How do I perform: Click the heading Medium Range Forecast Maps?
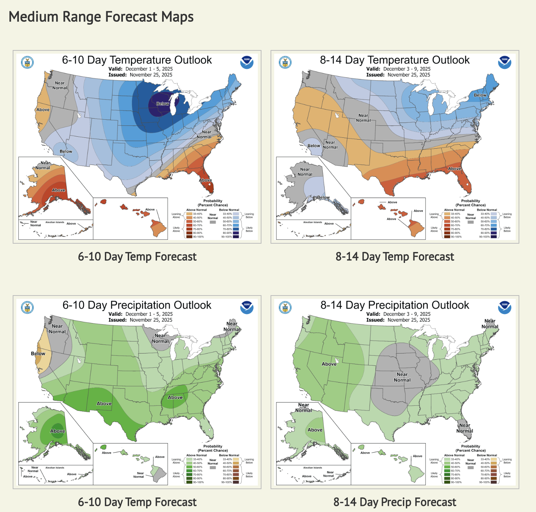[101, 17]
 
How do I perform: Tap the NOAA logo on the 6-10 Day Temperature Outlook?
[247, 62]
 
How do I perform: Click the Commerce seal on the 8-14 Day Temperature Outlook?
[285, 62]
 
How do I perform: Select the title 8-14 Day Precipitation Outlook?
[395, 305]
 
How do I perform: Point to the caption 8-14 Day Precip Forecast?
[395, 502]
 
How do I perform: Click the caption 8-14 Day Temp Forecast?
[395, 257]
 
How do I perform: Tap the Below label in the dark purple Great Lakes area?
[162, 104]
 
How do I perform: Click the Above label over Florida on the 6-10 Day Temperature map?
[205, 180]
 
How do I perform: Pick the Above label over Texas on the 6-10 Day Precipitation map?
[104, 404]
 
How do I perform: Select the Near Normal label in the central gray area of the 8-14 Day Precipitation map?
[402, 377]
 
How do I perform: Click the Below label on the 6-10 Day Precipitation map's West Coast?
[38, 354]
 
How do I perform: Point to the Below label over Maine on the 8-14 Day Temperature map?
[480, 95]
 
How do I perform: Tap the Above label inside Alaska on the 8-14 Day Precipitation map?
[315, 430]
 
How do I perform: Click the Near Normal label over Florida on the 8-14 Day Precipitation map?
[465, 428]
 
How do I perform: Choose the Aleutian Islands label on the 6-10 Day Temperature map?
[55, 222]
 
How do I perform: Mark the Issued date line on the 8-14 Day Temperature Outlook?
[398, 75]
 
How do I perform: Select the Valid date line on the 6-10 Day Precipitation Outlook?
[140, 314]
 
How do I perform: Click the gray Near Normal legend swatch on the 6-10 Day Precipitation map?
[213, 467]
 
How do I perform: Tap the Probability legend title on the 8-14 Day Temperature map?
[470, 201]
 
